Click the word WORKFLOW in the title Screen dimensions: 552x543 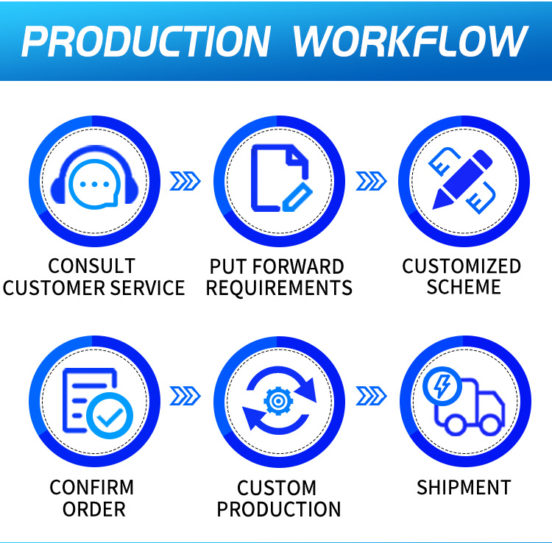(x=411, y=41)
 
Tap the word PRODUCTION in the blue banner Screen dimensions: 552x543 (x=146, y=41)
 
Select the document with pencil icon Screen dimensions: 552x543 (x=281, y=178)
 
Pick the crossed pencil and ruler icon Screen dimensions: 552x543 (x=463, y=180)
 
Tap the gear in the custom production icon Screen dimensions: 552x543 (x=278, y=400)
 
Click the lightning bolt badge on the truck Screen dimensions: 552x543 (x=442, y=386)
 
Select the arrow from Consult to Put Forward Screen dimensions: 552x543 (x=185, y=181)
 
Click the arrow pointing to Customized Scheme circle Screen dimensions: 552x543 (x=372, y=181)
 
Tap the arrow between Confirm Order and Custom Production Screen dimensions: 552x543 (x=185, y=396)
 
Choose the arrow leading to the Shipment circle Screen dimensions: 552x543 (x=372, y=396)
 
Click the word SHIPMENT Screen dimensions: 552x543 (x=464, y=487)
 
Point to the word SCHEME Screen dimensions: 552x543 (x=464, y=287)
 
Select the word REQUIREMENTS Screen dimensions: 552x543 (x=279, y=288)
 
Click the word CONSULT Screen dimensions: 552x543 (x=91, y=266)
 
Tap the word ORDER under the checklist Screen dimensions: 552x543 (x=94, y=509)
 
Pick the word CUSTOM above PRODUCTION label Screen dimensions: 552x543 (x=277, y=488)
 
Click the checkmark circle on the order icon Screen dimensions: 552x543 (x=110, y=416)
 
